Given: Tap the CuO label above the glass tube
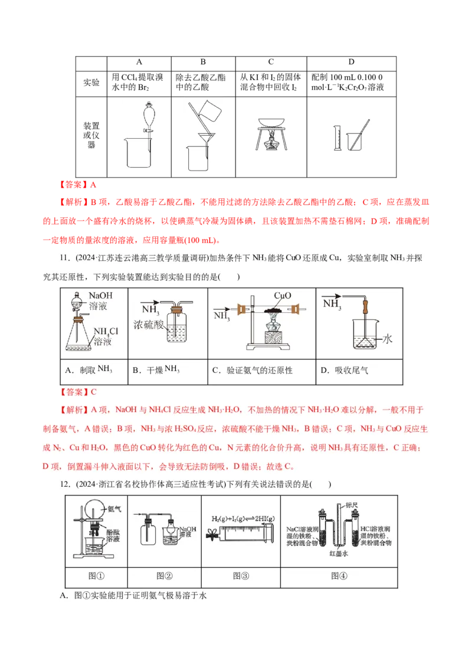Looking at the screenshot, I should (283, 295).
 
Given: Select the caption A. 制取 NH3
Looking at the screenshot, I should (88, 370).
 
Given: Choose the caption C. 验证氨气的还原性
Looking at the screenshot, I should (252, 371).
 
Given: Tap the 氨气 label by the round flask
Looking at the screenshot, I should (114, 508).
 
